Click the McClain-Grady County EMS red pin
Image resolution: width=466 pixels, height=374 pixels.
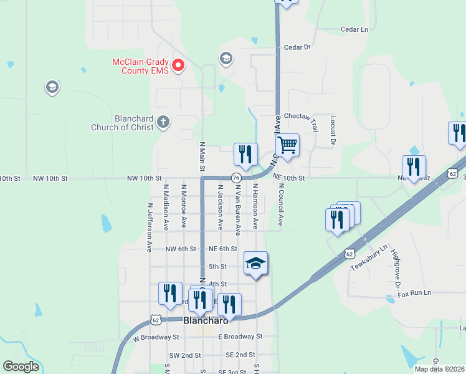coord(178,65)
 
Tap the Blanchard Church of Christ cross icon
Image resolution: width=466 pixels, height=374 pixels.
coord(163,121)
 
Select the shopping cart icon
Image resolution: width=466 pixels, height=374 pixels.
coord(287,146)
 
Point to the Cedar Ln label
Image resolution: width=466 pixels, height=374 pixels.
coord(354,29)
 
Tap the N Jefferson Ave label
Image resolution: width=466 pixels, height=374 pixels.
coord(150,226)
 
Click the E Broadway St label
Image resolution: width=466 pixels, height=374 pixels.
coord(241,336)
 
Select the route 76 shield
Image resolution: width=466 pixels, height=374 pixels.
coord(236,178)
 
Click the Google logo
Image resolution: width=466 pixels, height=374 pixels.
coord(21,367)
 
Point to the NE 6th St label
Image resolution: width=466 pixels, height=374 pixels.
coord(223,249)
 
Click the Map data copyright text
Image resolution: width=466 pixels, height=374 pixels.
coord(439,369)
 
